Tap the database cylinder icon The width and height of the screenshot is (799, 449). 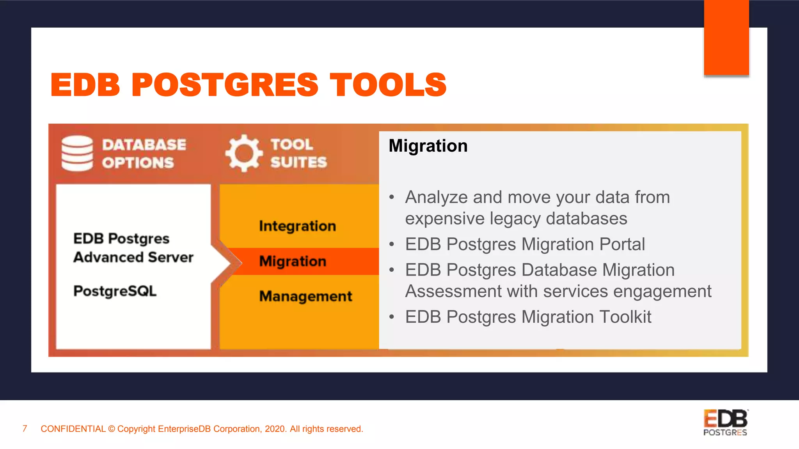[x=77, y=153]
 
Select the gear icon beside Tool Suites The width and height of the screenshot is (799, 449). [x=244, y=153]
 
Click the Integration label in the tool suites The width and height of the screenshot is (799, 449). [x=297, y=226]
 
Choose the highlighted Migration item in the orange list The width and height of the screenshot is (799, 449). [x=293, y=261]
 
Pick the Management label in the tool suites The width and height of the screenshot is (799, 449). [x=305, y=296]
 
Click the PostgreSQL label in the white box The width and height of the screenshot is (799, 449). [x=115, y=291]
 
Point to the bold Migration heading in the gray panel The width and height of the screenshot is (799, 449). [x=428, y=146]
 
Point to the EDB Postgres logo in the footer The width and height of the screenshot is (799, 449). [x=725, y=422]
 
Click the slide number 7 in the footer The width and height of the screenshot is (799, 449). [x=25, y=429]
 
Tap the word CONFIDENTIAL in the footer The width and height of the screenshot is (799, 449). [x=73, y=429]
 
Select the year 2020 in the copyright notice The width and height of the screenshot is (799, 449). [x=275, y=429]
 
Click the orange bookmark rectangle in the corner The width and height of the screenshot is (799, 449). [x=726, y=37]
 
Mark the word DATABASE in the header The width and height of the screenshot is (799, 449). [x=144, y=145]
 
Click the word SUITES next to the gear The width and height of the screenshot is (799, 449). [x=298, y=162]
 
